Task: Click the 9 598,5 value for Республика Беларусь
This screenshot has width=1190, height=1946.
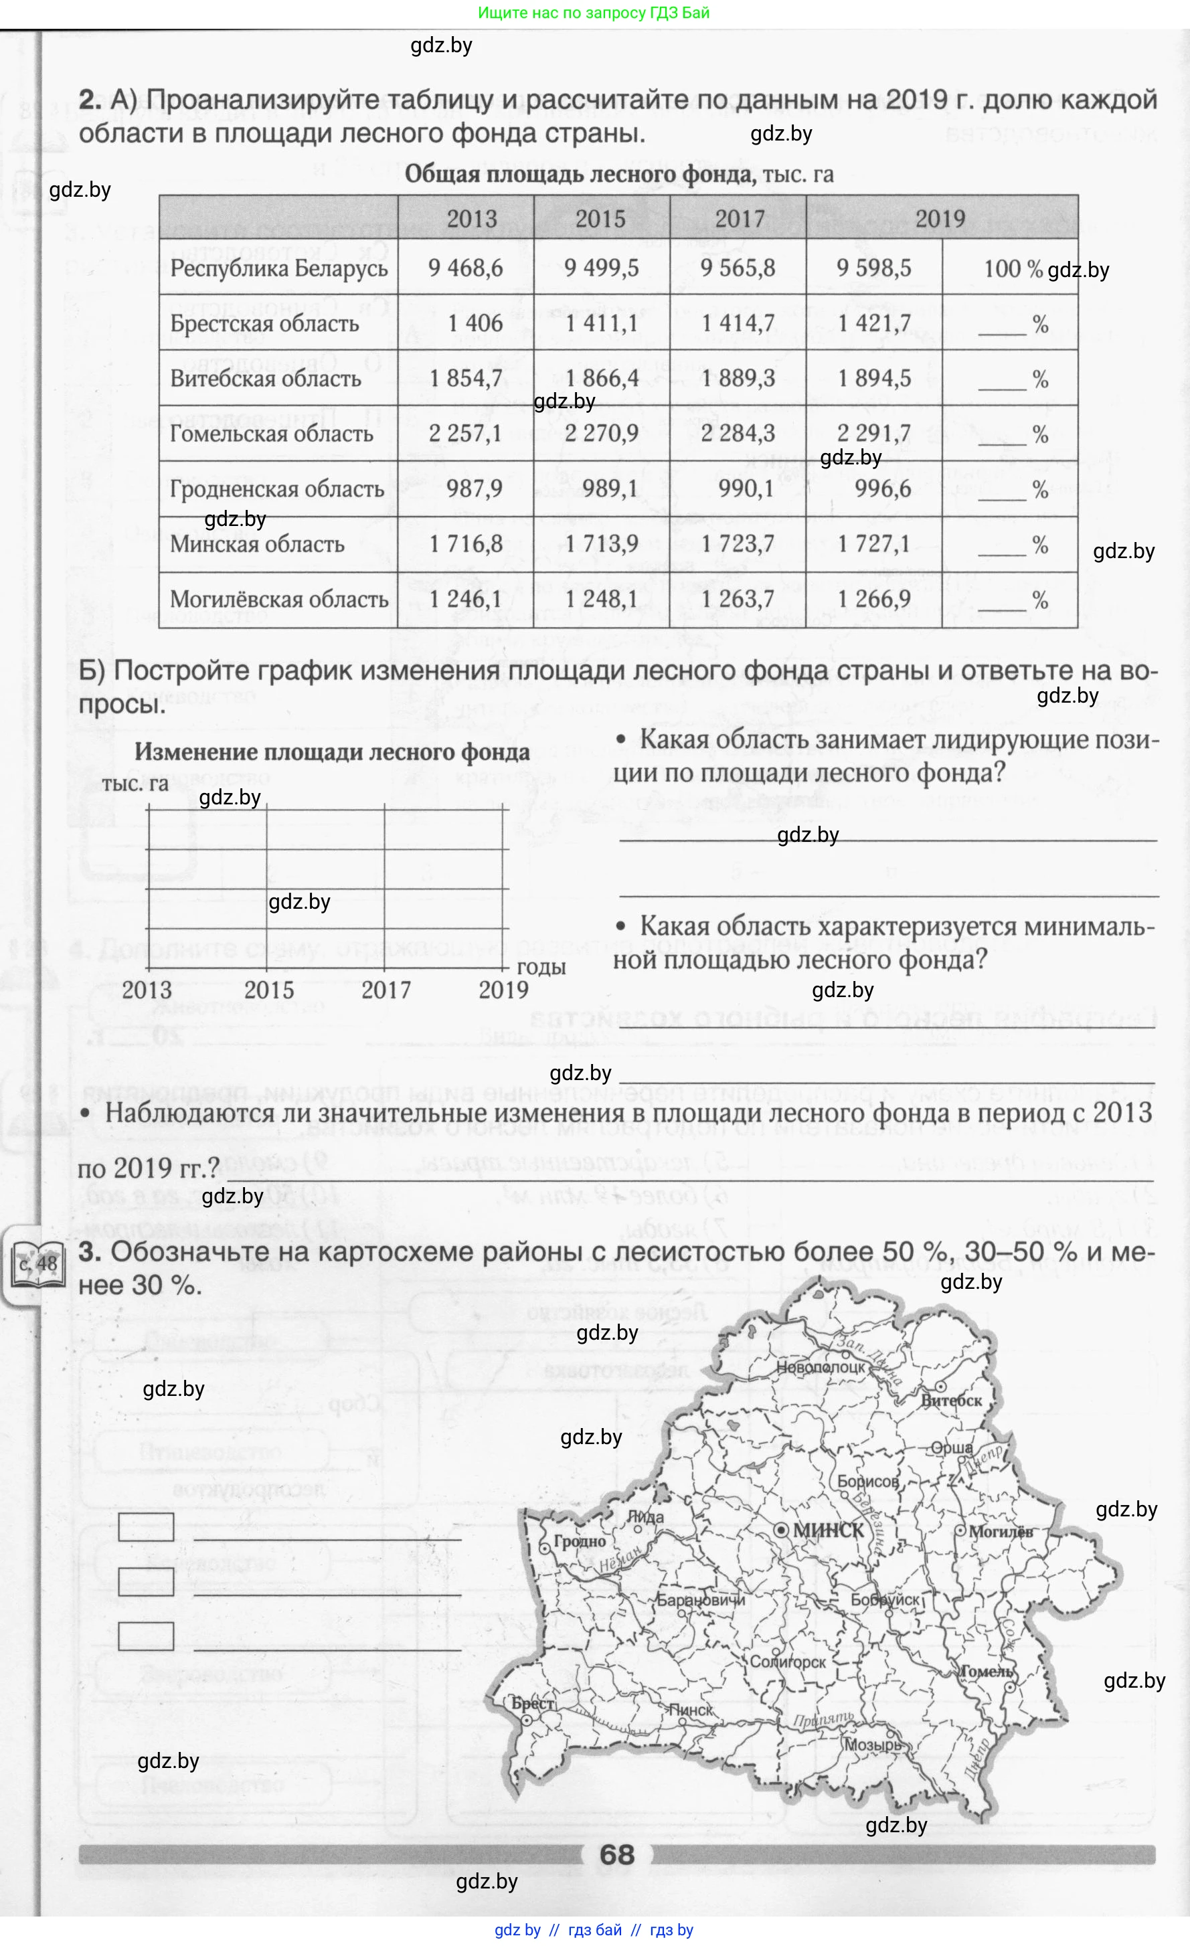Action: click(x=873, y=268)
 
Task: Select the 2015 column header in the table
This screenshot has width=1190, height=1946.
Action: click(x=600, y=219)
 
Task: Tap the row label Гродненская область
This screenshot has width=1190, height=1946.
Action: click(x=277, y=489)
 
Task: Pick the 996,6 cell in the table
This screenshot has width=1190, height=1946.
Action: click(x=882, y=489)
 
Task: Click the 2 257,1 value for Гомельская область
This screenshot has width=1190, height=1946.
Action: click(x=465, y=434)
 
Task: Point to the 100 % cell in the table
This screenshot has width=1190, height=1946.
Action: click(x=1013, y=268)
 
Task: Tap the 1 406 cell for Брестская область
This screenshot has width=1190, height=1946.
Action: click(x=475, y=323)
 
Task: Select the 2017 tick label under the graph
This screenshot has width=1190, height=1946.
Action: click(x=386, y=990)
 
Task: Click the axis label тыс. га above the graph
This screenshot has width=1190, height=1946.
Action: click(x=135, y=784)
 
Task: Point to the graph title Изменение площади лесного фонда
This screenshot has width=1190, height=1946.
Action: click(x=332, y=752)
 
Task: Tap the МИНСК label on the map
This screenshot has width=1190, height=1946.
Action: click(x=827, y=1530)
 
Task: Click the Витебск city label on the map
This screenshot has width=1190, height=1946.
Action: click(x=952, y=1400)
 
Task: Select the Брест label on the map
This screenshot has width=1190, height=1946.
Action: click(x=533, y=1704)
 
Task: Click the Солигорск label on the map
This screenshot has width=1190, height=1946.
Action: click(x=786, y=1662)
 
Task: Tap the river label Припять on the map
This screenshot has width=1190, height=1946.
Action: click(x=823, y=1720)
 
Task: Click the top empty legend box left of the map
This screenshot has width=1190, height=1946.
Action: click(x=146, y=1526)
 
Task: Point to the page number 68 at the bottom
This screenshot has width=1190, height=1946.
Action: click(x=616, y=1854)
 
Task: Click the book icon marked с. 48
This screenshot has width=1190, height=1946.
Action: click(x=37, y=1263)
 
